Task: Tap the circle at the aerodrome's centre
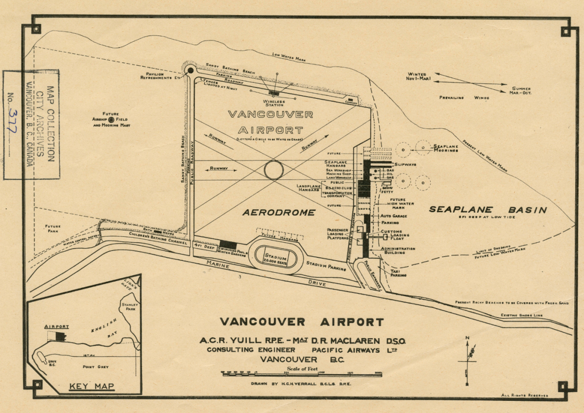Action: (274, 170)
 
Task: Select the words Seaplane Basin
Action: (488, 210)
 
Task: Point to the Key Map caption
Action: (91, 387)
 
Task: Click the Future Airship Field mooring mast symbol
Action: (111, 119)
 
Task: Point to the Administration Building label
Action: (398, 251)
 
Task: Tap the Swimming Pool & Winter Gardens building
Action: (228, 245)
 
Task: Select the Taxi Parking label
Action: (398, 273)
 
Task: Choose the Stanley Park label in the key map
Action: (129, 306)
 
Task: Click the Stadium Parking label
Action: (326, 265)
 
